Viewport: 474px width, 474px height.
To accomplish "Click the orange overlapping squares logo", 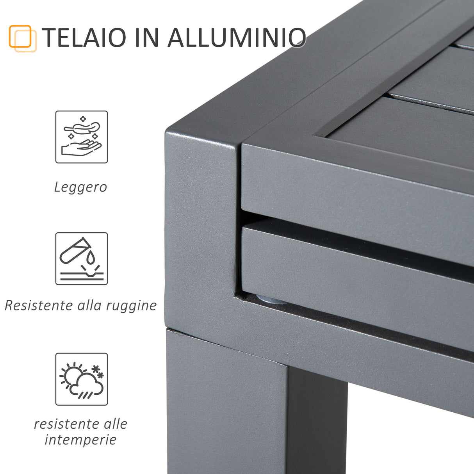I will (x=22, y=38).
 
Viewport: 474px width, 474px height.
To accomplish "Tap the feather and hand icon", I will (x=81, y=137).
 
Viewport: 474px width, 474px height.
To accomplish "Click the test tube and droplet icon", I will (x=81, y=258).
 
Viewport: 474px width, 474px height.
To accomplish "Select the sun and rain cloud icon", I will (x=81, y=379).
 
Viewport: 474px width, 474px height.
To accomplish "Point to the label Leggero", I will (x=80, y=187).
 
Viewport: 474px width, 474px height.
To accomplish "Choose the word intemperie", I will (x=80, y=440).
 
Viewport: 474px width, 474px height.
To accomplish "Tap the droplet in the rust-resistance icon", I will (x=91, y=258).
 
